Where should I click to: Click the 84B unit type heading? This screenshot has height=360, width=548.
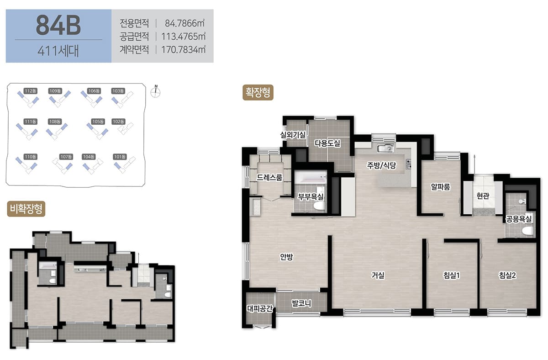click(58, 25)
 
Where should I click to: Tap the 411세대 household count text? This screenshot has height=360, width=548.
click(58, 51)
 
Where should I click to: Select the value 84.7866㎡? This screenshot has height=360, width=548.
click(184, 23)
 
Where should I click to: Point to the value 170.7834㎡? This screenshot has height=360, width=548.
click(183, 50)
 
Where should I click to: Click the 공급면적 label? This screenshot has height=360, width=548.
click(134, 37)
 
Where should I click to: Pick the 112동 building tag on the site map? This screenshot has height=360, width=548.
click(30, 91)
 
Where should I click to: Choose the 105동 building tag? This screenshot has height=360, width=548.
click(98, 122)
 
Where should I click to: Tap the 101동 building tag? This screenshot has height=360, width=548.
click(120, 157)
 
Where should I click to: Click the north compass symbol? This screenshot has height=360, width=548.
click(156, 92)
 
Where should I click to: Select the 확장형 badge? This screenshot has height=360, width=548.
click(258, 92)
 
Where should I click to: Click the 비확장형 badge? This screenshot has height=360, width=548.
click(26, 209)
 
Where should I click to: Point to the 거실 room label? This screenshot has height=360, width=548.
click(378, 275)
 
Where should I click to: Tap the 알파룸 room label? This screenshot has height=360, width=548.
click(440, 187)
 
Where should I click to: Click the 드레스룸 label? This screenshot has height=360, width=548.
click(269, 177)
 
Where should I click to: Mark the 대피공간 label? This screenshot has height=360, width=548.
click(259, 308)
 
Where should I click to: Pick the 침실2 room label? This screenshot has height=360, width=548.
click(507, 275)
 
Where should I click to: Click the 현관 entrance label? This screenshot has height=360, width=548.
click(483, 196)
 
